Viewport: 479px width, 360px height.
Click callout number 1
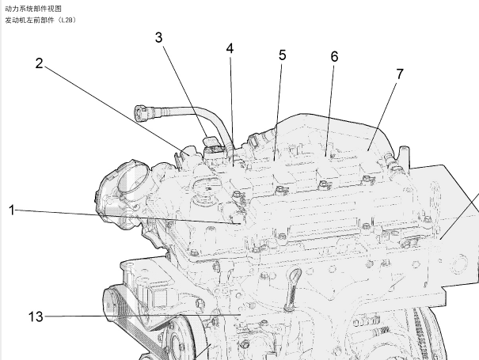(11, 210)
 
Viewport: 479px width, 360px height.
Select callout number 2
(39, 63)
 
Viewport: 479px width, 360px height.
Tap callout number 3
(158, 37)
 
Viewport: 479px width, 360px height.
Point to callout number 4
(230, 48)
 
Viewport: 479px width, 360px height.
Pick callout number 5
(283, 55)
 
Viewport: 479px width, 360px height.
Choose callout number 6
(334, 57)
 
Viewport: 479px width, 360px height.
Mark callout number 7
(400, 74)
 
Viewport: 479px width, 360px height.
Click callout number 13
(36, 316)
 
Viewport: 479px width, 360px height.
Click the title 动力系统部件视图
(33, 9)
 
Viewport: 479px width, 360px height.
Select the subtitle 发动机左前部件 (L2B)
(40, 20)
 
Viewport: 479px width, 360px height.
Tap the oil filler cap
(204, 191)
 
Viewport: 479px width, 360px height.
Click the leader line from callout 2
(117, 111)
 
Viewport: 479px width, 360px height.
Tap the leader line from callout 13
(143, 316)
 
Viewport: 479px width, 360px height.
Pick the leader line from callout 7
(383, 115)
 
